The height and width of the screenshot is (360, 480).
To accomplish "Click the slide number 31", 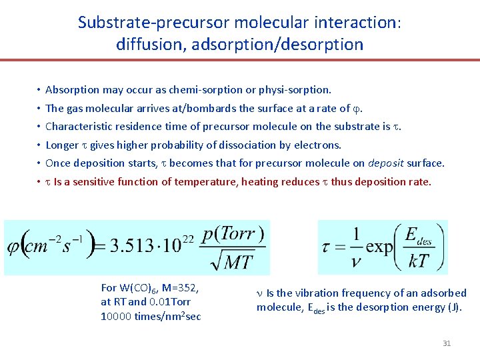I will [x=447, y=343].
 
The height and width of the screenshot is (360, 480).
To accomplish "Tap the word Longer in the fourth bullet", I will [x=62, y=145].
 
